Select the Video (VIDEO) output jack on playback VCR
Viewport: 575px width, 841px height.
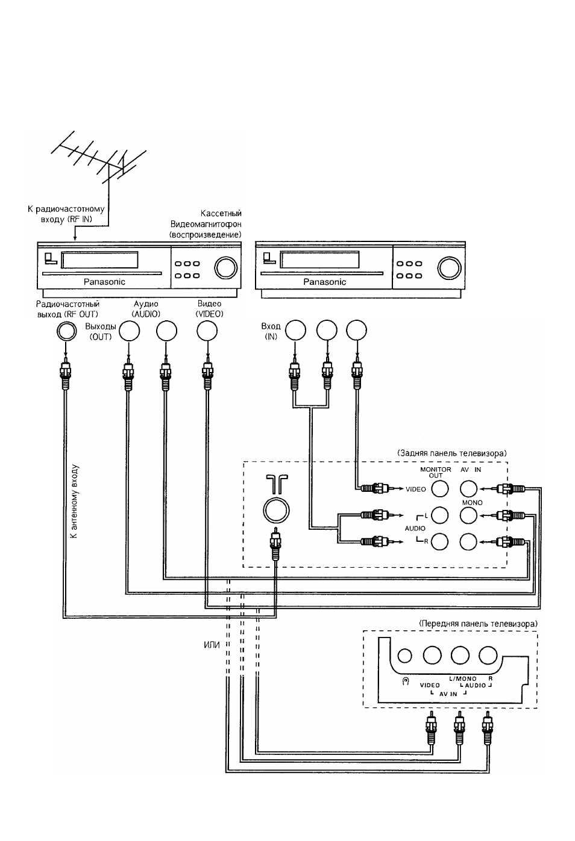click(207, 331)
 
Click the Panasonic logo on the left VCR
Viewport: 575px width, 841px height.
click(104, 282)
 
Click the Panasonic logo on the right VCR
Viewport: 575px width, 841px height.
click(324, 282)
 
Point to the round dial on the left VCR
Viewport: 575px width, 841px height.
click(226, 268)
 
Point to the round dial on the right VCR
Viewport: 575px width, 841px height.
click(449, 268)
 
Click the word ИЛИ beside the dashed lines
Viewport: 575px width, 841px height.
click(212, 645)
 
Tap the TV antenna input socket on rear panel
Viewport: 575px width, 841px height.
click(276, 510)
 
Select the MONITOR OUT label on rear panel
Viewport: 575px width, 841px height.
click(436, 473)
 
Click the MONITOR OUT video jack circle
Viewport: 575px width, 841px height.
click(439, 489)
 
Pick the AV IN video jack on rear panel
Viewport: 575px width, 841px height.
click(469, 489)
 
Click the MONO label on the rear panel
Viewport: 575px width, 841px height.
click(473, 503)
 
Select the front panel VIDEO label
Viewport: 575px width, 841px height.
click(430, 685)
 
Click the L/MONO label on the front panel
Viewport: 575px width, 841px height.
click(463, 679)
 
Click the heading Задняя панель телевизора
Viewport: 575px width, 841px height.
click(451, 453)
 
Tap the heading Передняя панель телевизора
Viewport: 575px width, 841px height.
click(478, 624)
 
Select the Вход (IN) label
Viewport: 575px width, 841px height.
click(271, 331)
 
